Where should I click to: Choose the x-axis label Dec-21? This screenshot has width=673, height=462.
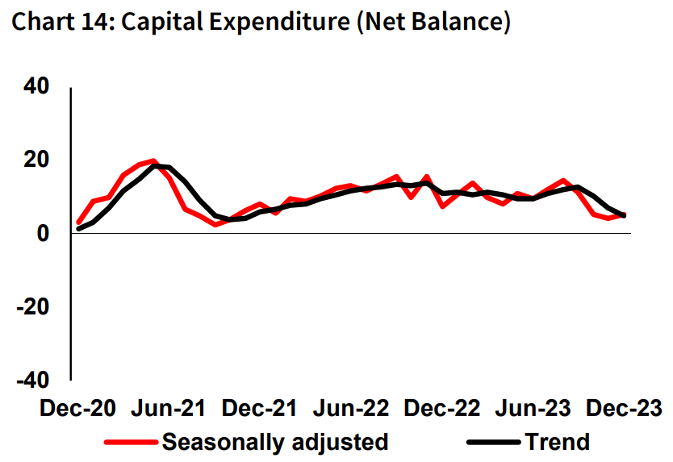[259, 408]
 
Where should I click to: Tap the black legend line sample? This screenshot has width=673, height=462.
[492, 442]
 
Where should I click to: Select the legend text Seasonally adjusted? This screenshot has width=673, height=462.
[275, 442]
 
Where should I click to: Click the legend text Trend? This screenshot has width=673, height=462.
[557, 442]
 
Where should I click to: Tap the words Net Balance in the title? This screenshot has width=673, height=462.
[437, 23]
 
